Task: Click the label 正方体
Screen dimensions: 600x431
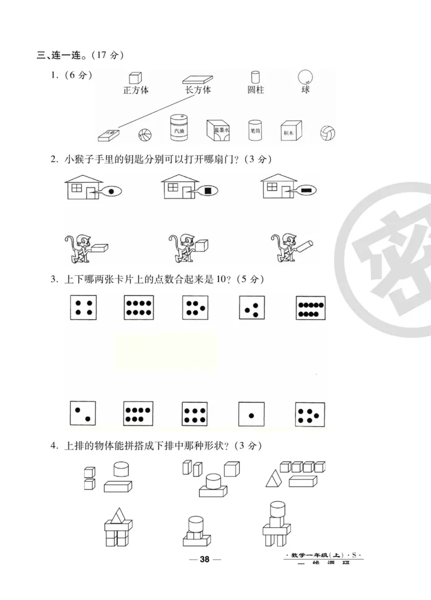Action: pos(135,90)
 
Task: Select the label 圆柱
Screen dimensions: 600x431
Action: pos(255,90)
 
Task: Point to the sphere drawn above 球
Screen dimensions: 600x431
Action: pos(305,77)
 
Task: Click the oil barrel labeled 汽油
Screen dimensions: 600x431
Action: pos(178,128)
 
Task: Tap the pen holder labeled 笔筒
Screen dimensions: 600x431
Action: pos(255,129)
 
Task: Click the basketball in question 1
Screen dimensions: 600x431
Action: pos(144,135)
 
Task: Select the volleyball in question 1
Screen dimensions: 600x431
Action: pos(327,133)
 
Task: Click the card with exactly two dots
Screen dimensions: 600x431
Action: pos(84,414)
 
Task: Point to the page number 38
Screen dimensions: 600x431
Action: pos(204,559)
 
